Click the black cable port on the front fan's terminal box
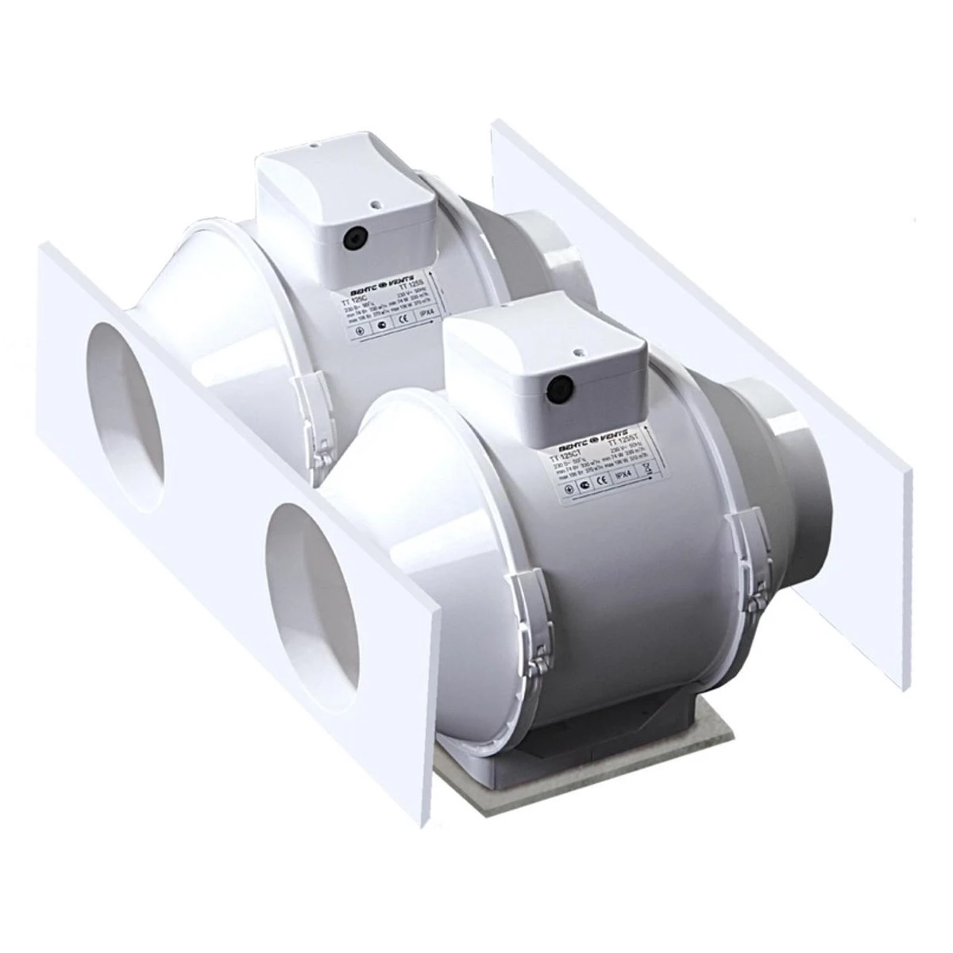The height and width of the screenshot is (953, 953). (x=561, y=387)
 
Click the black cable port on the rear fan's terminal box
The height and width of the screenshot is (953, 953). (x=350, y=236)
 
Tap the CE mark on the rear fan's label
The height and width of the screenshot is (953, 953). (x=403, y=321)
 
